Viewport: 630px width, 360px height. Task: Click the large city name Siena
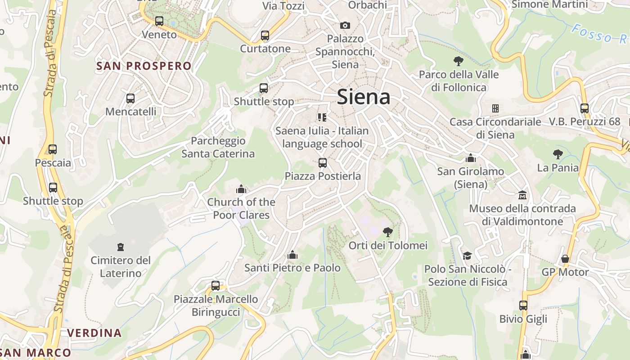(x=363, y=97)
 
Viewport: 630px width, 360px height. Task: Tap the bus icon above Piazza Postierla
(x=323, y=163)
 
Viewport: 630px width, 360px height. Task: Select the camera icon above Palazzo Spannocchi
(x=345, y=25)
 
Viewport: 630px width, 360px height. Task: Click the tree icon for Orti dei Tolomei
(x=387, y=232)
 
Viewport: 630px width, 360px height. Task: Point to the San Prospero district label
(x=144, y=66)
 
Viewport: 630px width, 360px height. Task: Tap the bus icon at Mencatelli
(x=130, y=98)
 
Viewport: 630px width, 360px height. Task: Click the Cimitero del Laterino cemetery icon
(x=120, y=247)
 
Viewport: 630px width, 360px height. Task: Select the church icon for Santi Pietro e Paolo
(x=292, y=255)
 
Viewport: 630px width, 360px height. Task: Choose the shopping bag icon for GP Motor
(x=565, y=259)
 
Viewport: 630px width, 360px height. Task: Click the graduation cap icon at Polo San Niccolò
(x=467, y=256)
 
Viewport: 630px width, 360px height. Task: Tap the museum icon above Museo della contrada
(x=522, y=195)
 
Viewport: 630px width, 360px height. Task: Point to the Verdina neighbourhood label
(x=94, y=333)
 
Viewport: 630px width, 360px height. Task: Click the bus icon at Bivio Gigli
(x=523, y=306)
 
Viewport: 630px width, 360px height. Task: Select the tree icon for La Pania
(x=558, y=154)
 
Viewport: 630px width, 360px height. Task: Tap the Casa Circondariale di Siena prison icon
(x=495, y=108)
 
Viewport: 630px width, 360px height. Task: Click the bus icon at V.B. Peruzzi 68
(x=585, y=108)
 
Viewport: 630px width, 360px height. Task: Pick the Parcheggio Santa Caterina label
(x=218, y=147)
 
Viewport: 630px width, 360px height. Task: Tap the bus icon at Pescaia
(x=53, y=149)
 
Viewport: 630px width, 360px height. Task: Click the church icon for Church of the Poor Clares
(x=241, y=189)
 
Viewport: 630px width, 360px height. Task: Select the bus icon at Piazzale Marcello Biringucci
(x=216, y=286)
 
